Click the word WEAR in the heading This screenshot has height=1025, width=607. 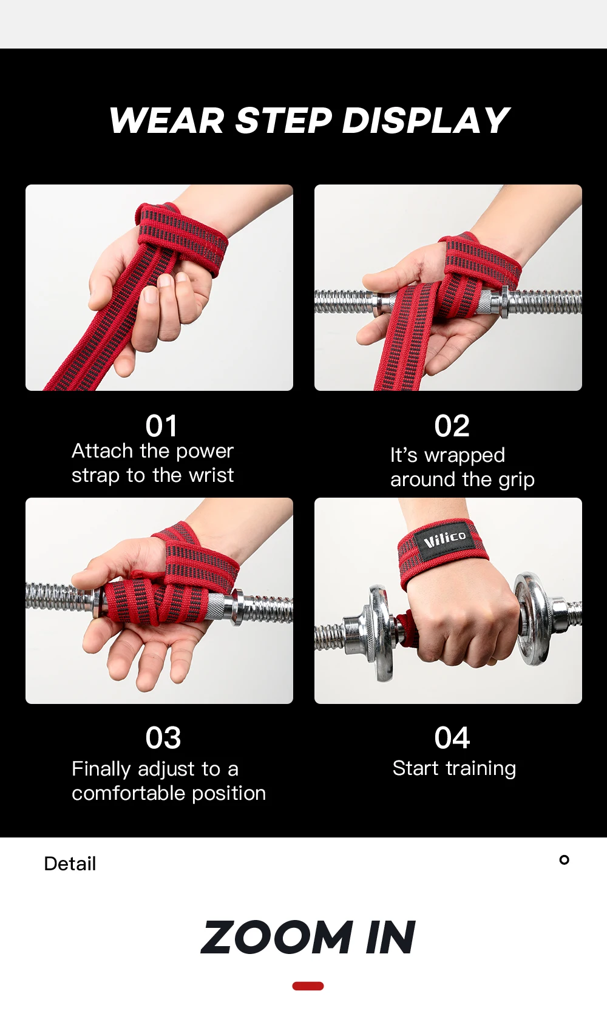(x=167, y=120)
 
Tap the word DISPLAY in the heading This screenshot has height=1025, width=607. (x=426, y=120)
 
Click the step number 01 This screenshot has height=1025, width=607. (x=161, y=426)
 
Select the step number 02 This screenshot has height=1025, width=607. (x=452, y=426)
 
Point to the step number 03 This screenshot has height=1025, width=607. (x=163, y=738)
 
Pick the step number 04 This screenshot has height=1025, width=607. (x=452, y=738)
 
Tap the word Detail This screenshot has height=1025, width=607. (x=70, y=864)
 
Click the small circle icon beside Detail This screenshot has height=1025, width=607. (x=565, y=860)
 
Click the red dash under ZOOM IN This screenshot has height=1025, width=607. (x=308, y=986)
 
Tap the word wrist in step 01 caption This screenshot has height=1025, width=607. (x=211, y=475)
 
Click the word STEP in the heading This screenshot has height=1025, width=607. (x=283, y=120)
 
